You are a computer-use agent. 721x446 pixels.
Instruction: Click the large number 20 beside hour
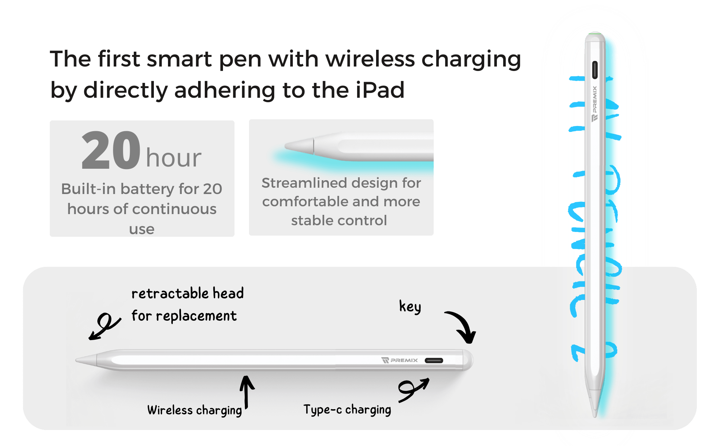click(x=111, y=151)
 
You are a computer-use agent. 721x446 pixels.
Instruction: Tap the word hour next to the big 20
click(x=174, y=158)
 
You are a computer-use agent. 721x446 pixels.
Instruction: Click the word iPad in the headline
click(x=379, y=90)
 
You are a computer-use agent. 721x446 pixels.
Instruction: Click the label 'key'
click(x=410, y=307)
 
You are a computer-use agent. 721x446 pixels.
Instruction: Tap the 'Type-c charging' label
click(x=347, y=410)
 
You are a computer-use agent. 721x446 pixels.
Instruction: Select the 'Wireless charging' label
click(x=194, y=410)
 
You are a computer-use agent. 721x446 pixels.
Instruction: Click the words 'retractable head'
click(x=188, y=294)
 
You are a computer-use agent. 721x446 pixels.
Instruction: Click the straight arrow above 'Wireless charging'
click(x=246, y=392)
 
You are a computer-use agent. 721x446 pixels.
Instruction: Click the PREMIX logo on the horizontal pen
click(x=400, y=360)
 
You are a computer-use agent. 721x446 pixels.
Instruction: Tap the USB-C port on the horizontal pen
click(x=434, y=361)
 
